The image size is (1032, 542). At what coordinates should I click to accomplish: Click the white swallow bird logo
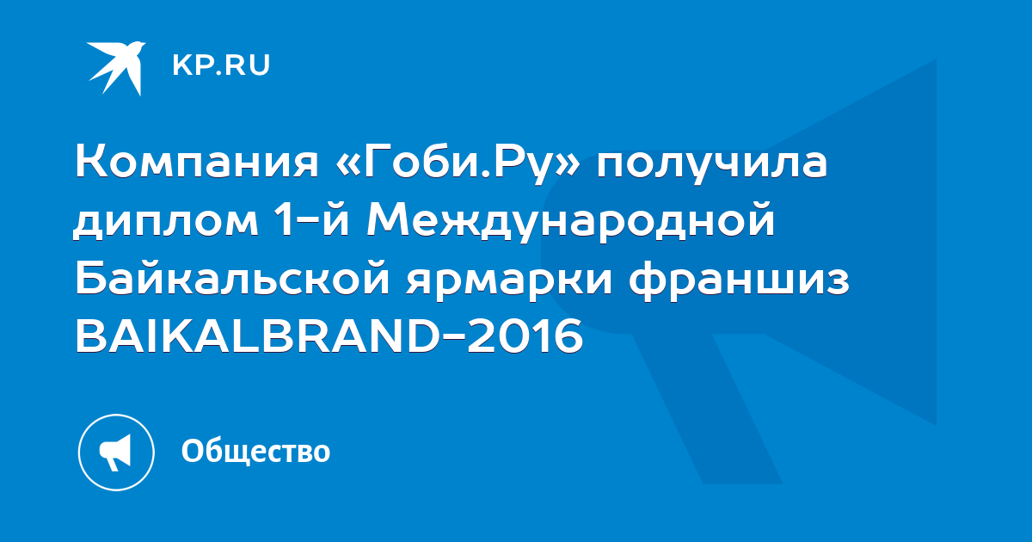[116, 68]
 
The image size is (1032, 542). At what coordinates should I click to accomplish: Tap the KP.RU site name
[221, 65]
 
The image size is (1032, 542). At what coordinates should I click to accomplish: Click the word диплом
[166, 222]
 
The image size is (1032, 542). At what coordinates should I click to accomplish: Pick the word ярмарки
[509, 280]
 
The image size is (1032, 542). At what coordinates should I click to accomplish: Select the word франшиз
[739, 280]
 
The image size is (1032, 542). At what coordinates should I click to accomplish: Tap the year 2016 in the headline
[525, 336]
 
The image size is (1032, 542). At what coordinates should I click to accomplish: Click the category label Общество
[255, 451]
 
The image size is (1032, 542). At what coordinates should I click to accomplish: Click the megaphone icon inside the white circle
[115, 453]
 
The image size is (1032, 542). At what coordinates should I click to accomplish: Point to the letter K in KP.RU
[182, 65]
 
